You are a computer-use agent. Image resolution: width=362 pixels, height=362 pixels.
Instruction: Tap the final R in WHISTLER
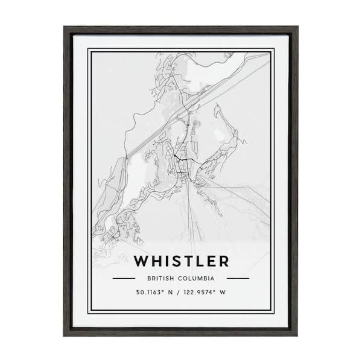click(x=224, y=261)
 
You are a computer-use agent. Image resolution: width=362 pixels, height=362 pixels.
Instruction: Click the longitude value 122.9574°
click(x=198, y=293)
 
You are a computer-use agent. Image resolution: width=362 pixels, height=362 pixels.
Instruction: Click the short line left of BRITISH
click(x=124, y=278)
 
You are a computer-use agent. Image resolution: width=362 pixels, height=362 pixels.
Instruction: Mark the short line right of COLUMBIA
click(x=238, y=278)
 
